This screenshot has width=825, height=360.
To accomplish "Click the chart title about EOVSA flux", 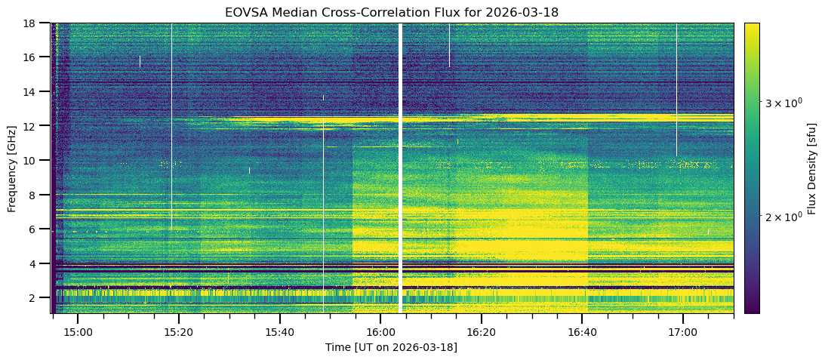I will [x=392, y=13].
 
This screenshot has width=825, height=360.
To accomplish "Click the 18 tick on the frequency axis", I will [x=33, y=23].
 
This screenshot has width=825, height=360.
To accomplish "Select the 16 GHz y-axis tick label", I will [x=33, y=57].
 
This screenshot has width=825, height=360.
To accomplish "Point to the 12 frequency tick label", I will [x=33, y=126].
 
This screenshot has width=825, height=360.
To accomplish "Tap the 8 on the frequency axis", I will [x=36, y=195].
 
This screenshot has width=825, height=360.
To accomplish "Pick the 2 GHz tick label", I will [x=36, y=298].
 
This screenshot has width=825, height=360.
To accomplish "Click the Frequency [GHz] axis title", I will [x=12, y=168].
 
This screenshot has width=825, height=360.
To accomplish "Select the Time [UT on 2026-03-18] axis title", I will [x=392, y=347].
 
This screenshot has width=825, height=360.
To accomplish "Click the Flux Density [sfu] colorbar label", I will [x=812, y=168].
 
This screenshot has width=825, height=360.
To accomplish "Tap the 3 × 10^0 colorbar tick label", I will [x=778, y=101].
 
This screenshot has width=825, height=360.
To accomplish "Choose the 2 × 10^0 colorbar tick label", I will [x=778, y=217].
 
